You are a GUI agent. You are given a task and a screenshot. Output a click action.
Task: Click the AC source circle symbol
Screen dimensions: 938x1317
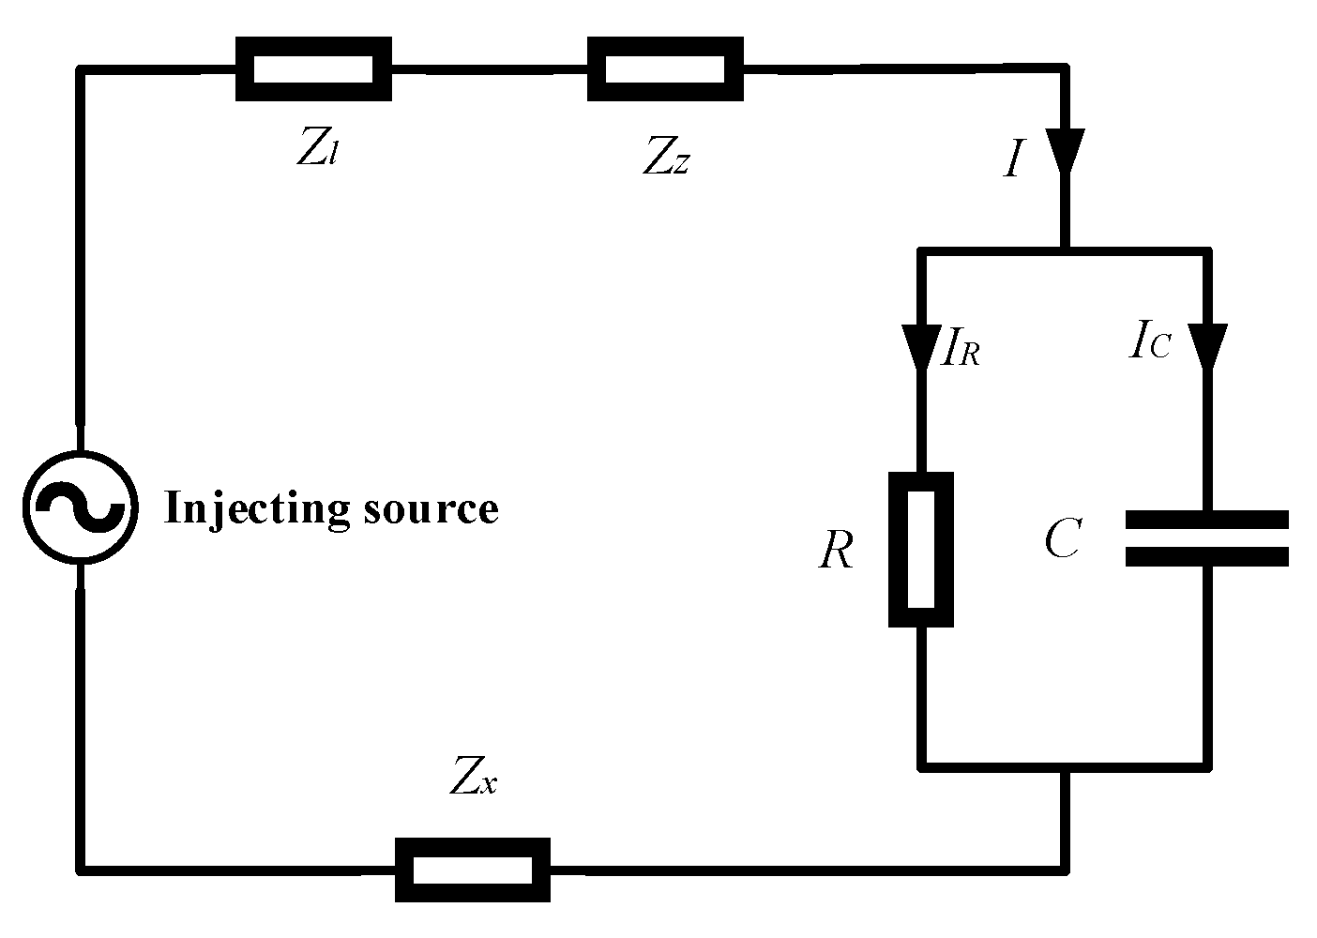coord(80,507)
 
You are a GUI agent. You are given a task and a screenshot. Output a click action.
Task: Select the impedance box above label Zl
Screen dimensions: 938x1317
coord(312,68)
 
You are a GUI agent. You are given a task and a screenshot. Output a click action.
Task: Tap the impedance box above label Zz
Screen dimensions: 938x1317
coord(665,68)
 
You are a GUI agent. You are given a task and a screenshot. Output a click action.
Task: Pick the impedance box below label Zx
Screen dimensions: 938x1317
coord(472,870)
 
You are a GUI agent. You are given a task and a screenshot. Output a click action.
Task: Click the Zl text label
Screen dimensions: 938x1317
coord(316,150)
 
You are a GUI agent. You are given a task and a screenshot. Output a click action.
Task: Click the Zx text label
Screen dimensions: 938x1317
coord(472,777)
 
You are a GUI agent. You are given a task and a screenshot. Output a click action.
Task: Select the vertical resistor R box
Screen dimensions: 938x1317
coord(920,550)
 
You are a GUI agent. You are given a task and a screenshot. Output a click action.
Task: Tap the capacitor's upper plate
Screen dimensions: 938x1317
coord(1206,519)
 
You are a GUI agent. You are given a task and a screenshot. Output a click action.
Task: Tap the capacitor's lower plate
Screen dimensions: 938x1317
coord(1206,557)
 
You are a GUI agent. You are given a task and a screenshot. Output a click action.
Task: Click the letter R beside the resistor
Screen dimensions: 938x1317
coord(835,552)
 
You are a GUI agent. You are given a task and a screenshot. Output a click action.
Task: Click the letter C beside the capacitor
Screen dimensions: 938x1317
coord(1062,539)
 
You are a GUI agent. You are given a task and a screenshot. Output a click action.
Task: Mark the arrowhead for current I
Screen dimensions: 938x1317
coord(1065,150)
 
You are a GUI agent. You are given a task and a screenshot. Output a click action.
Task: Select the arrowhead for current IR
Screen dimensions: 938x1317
coord(920,345)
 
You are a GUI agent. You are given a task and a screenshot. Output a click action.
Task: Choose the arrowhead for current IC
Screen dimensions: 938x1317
coord(1206,345)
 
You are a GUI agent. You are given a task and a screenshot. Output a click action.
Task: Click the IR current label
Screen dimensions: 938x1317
coord(959,352)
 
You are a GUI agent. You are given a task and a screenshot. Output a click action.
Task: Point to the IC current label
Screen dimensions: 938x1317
coord(1149,344)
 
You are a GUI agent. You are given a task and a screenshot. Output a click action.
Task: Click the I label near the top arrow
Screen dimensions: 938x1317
coord(1011,161)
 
